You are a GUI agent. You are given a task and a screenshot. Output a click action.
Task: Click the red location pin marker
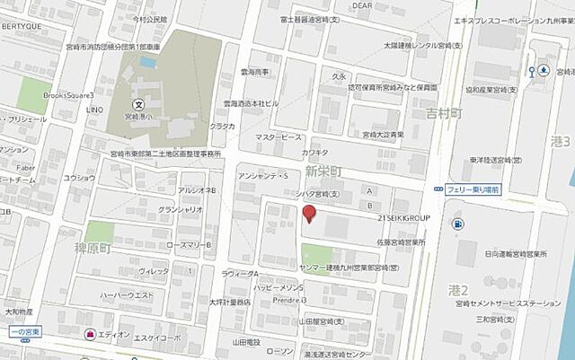pyautogui.click(x=308, y=214)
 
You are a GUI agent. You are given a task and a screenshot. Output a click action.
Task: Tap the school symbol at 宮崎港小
pyautogui.click(x=139, y=104)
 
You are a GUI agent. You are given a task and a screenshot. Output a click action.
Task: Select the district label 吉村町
pyautogui.click(x=444, y=114)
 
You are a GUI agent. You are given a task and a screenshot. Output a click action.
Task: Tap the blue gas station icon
pyautogui.click(x=458, y=224)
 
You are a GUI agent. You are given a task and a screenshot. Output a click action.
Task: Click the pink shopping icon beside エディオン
pyautogui.click(x=90, y=334)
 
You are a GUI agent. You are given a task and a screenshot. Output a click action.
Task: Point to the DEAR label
pyautogui.click(x=361, y=5)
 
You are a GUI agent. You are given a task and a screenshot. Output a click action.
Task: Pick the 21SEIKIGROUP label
pyautogui.click(x=405, y=218)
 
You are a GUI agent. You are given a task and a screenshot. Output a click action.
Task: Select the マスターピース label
pyautogui.click(x=279, y=137)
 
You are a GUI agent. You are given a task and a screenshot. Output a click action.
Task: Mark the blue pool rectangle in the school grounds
pyautogui.click(x=148, y=62)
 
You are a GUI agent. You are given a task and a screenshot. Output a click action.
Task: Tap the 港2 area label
pyautogui.click(x=459, y=289)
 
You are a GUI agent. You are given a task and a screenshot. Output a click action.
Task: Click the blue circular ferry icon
pyautogui.click(x=544, y=70)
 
